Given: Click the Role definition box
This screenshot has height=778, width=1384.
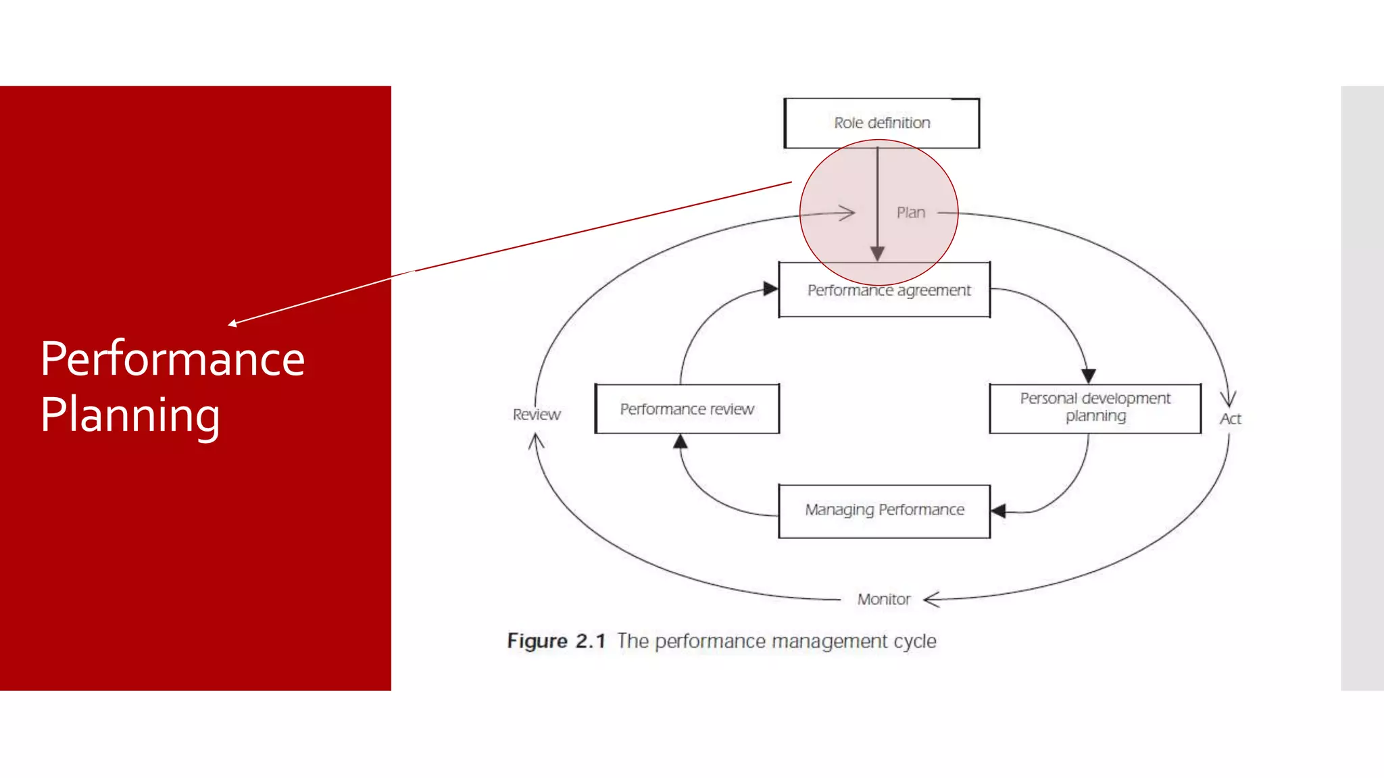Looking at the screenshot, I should (x=881, y=123).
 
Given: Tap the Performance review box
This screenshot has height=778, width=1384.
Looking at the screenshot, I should (x=687, y=409).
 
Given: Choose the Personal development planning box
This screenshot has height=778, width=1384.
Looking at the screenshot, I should (x=1095, y=408).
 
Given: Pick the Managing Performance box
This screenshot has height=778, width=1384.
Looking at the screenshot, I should (x=884, y=511).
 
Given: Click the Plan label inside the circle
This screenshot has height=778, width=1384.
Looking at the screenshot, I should (x=910, y=213).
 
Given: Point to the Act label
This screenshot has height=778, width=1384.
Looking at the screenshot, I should (x=1230, y=419).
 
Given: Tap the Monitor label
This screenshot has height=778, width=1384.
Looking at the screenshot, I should (x=883, y=600).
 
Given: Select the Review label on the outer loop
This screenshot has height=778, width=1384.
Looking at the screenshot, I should (x=537, y=415).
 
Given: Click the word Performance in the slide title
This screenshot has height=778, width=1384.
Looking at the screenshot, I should (x=172, y=359).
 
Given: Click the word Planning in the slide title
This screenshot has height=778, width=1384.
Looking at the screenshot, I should (x=130, y=415).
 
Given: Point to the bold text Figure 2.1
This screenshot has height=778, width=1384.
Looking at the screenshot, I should (x=555, y=641).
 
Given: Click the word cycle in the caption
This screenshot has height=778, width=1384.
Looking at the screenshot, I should (x=915, y=642).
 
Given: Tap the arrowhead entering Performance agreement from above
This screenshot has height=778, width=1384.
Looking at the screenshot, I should (x=877, y=254).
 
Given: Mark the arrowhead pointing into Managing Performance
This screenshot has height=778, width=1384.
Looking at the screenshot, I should (x=998, y=511).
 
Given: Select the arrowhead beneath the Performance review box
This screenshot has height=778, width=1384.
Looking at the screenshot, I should (x=681, y=442).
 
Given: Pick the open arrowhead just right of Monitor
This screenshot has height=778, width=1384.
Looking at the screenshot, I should (x=931, y=599).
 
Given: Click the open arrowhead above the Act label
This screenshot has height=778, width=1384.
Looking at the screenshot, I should (x=1228, y=398).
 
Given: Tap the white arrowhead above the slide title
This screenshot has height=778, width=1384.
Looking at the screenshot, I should (x=232, y=323).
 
